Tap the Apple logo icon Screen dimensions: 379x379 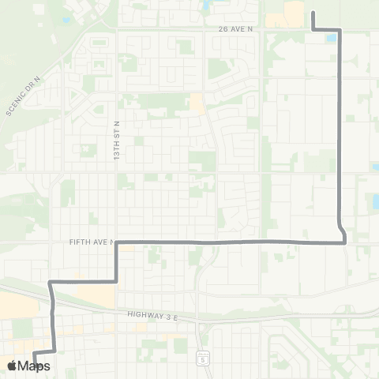[x=12, y=366]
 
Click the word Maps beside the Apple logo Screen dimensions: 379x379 [x=34, y=366]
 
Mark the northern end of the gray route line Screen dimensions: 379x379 [x=314, y=12]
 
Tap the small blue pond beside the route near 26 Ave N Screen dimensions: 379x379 [x=330, y=37]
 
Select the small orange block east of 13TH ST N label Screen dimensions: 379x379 [x=195, y=102]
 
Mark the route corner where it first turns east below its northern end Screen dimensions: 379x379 [x=314, y=29]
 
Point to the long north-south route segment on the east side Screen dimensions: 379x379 [x=340, y=134]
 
